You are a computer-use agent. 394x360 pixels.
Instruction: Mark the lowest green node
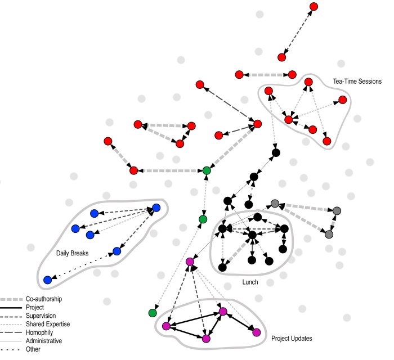coord(153,313)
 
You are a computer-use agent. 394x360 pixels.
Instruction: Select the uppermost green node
coord(207,170)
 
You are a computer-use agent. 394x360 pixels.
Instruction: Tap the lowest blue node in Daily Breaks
coord(48,280)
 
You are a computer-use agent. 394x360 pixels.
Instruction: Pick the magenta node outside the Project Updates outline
coord(190,262)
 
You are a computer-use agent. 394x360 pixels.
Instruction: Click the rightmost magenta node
coord(257,332)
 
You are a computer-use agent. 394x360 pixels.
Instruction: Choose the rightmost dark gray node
coord(337,210)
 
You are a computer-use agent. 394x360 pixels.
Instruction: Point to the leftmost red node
coord(108,141)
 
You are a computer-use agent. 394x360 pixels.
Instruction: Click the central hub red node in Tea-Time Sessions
coord(288,120)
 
